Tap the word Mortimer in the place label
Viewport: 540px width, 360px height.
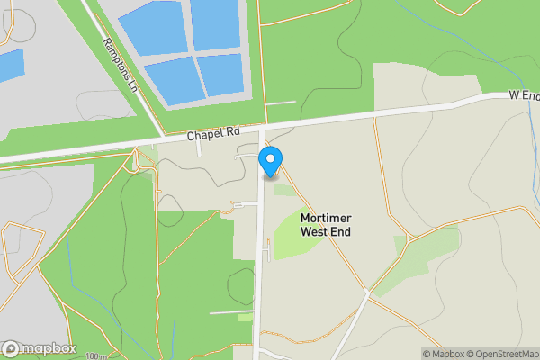tap(325, 219)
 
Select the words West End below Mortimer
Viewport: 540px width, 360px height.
tap(325, 232)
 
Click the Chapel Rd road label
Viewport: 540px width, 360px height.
tap(213, 133)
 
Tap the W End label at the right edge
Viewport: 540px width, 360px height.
tap(523, 94)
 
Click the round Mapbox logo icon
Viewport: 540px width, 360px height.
tap(11, 349)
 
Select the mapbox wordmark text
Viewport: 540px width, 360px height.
tap(49, 349)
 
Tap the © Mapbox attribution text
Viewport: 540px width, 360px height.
tap(444, 354)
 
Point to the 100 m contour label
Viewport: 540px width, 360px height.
tap(97, 356)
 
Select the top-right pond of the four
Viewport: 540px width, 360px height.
tap(215, 22)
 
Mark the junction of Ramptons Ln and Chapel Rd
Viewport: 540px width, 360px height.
tap(160, 139)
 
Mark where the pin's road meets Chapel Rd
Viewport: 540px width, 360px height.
tap(263, 126)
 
